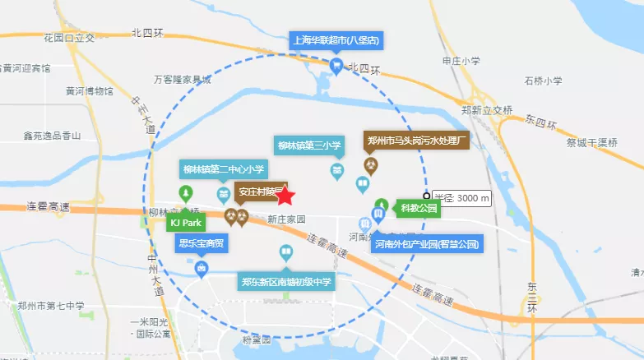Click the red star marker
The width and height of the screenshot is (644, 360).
pyautogui.click(x=285, y=195)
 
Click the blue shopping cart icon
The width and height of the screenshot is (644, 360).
pyautogui.click(x=336, y=65)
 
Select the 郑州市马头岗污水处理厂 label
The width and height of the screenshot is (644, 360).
pyautogui.click(x=417, y=141)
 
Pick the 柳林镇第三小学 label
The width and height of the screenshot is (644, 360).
pyautogui.click(x=309, y=146)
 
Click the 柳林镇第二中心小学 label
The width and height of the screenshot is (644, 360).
pyautogui.click(x=223, y=170)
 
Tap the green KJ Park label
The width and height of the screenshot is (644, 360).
pyautogui.click(x=186, y=223)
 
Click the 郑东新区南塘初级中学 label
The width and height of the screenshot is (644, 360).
pyautogui.click(x=286, y=282)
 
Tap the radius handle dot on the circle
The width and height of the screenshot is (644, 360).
pyautogui.click(x=427, y=197)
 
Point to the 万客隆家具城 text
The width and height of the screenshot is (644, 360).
pyautogui.click(x=183, y=80)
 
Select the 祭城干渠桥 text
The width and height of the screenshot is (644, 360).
pyautogui.click(x=591, y=142)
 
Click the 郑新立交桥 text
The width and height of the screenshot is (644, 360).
pyautogui.click(x=487, y=109)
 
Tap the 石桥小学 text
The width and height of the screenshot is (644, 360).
pyautogui.click(x=543, y=81)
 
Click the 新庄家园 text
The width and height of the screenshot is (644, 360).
pyautogui.click(x=286, y=219)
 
